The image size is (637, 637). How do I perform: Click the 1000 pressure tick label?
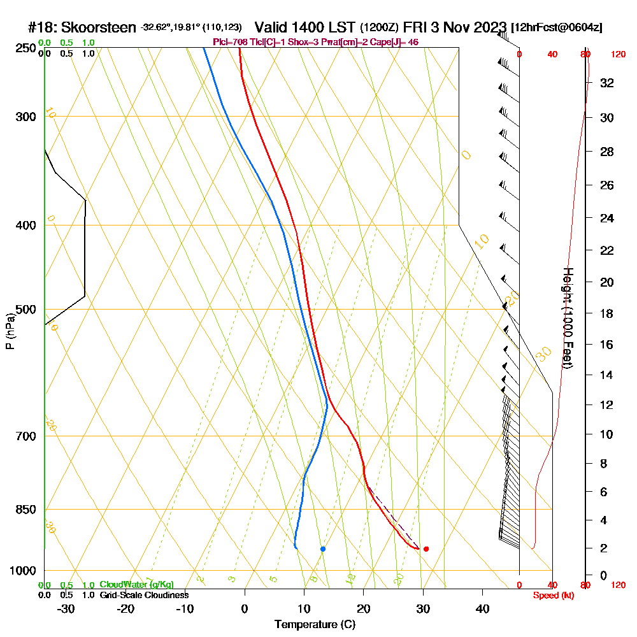click(23, 571)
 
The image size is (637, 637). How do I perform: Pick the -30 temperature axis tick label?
click(66, 609)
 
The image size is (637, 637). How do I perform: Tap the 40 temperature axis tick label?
click(482, 609)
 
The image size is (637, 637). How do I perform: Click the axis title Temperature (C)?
click(315, 624)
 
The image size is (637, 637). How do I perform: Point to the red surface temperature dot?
click(426, 548)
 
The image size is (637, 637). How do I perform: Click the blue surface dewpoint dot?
click(323, 548)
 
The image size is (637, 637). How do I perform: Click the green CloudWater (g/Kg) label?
click(136, 585)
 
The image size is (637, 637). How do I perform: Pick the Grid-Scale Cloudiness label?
click(144, 595)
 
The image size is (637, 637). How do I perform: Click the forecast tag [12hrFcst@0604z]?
click(557, 28)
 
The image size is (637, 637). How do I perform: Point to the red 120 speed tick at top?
click(618, 55)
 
